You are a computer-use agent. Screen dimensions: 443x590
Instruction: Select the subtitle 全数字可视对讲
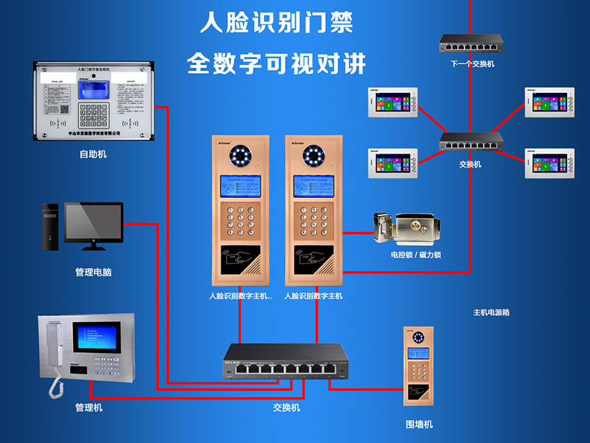click(x=277, y=63)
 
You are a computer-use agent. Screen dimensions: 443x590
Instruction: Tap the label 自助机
click(x=93, y=154)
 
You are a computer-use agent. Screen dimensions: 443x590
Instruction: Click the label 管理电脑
click(x=93, y=272)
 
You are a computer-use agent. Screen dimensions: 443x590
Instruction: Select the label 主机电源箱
click(x=491, y=312)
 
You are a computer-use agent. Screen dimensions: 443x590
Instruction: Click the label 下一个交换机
click(x=472, y=64)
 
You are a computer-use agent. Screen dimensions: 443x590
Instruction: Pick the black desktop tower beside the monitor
click(x=49, y=227)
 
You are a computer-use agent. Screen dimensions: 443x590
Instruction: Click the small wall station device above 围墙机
click(x=419, y=366)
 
